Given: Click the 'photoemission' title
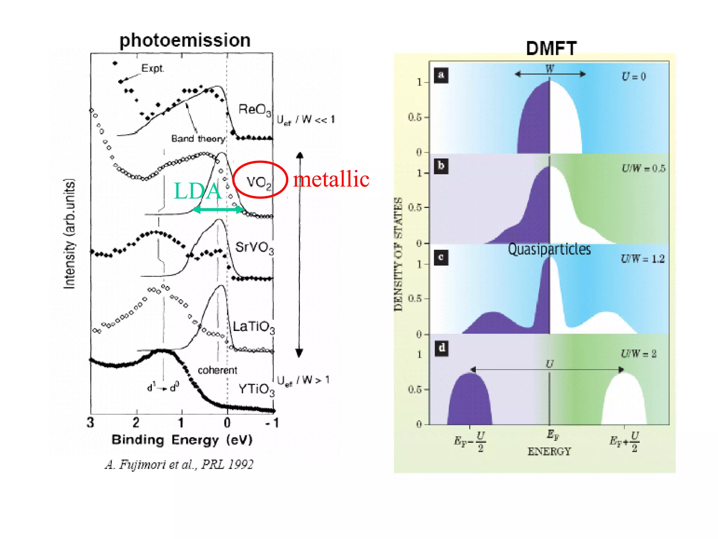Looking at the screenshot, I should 185,40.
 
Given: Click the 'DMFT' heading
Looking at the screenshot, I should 551,48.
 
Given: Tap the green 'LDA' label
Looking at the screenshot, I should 198,191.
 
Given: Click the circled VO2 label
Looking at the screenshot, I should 259,182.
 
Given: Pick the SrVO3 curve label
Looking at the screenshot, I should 254,247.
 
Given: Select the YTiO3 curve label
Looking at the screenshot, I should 256,389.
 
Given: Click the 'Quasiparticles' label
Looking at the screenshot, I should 549,249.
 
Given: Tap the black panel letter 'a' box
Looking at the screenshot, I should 441,75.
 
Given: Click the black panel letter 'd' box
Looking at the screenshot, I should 441,348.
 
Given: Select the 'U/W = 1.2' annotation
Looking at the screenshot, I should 642,259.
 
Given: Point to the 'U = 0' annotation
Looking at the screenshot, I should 633,76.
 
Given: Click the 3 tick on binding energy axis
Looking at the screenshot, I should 90,422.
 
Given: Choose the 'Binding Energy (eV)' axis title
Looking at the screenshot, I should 182,440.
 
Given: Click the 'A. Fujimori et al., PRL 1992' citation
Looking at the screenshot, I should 179,465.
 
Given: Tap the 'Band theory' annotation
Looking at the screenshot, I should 198,139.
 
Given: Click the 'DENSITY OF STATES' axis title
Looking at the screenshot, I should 398,254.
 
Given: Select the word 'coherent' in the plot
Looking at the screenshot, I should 217,370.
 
